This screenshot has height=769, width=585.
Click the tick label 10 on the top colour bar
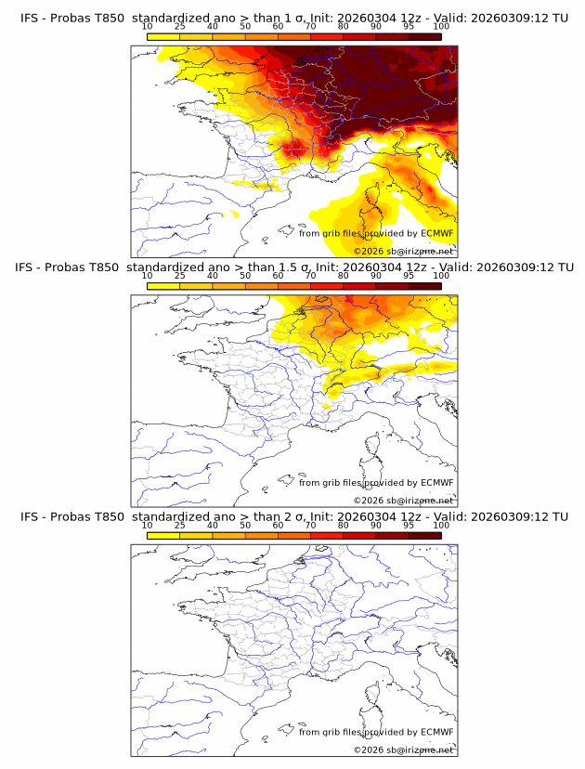click(148, 26)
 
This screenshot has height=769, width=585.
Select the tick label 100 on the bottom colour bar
click(441, 525)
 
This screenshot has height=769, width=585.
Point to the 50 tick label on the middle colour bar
click(245, 275)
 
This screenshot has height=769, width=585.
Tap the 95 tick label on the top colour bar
click(409, 26)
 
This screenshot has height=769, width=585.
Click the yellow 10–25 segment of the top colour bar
click(163, 37)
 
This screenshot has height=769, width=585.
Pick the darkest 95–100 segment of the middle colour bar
click(425, 286)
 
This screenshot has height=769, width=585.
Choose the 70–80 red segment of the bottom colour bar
click(327, 536)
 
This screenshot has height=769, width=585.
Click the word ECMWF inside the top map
click(437, 233)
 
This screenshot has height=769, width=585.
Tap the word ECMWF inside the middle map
click(437, 482)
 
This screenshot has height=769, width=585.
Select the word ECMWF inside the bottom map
click(437, 732)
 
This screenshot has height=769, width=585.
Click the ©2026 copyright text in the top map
click(369, 252)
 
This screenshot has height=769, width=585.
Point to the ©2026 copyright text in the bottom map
click(369, 750)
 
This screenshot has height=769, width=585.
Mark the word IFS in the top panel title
click(31, 18)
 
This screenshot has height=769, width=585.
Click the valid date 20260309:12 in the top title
click(513, 18)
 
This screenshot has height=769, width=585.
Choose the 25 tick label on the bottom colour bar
click(180, 525)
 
